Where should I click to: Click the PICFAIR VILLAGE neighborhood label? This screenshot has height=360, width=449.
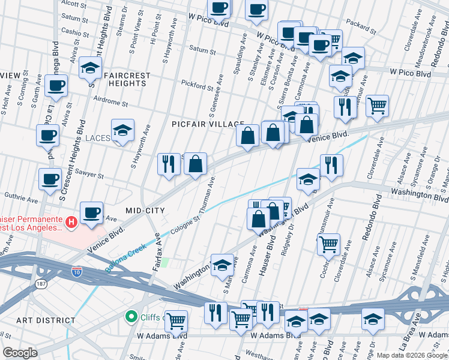tap(208, 123)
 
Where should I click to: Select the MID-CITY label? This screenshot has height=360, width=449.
tap(144, 210)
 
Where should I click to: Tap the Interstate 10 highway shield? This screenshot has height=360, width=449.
tap(77, 271)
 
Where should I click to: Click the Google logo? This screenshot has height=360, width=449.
tap(20, 353)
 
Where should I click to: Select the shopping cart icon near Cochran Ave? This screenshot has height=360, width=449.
tap(328, 244)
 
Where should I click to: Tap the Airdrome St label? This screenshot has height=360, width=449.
tap(111, 103)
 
